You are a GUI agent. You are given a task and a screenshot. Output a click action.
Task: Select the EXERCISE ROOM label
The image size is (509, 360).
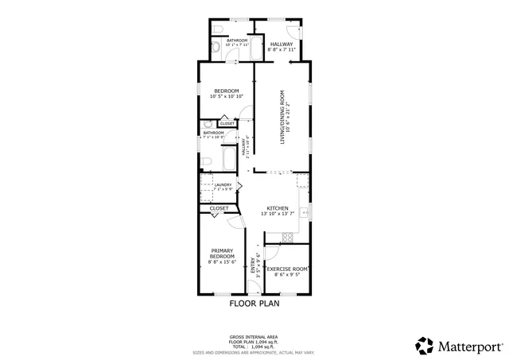pyautogui.click(x=287, y=269)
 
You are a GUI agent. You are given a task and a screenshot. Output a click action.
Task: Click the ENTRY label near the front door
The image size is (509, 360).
pyautogui.click(x=254, y=265)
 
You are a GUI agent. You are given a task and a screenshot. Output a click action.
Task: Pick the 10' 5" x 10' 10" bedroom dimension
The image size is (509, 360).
pyautogui.click(x=225, y=97)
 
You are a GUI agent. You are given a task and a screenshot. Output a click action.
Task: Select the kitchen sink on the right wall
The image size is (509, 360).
pyautogui.click(x=303, y=212)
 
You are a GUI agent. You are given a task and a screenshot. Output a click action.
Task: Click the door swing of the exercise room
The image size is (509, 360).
pyautogui.click(x=270, y=253)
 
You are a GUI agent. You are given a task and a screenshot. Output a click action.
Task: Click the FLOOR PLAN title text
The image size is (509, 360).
pyautogui.click(x=254, y=303)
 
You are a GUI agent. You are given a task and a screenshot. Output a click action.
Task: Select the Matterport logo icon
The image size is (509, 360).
pyautogui.click(x=424, y=346)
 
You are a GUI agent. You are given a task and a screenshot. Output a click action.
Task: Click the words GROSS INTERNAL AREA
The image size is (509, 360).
pyautogui.click(x=254, y=336)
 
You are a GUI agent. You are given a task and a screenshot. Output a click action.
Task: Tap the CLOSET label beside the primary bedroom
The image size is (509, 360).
pyautogui.click(x=219, y=208)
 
